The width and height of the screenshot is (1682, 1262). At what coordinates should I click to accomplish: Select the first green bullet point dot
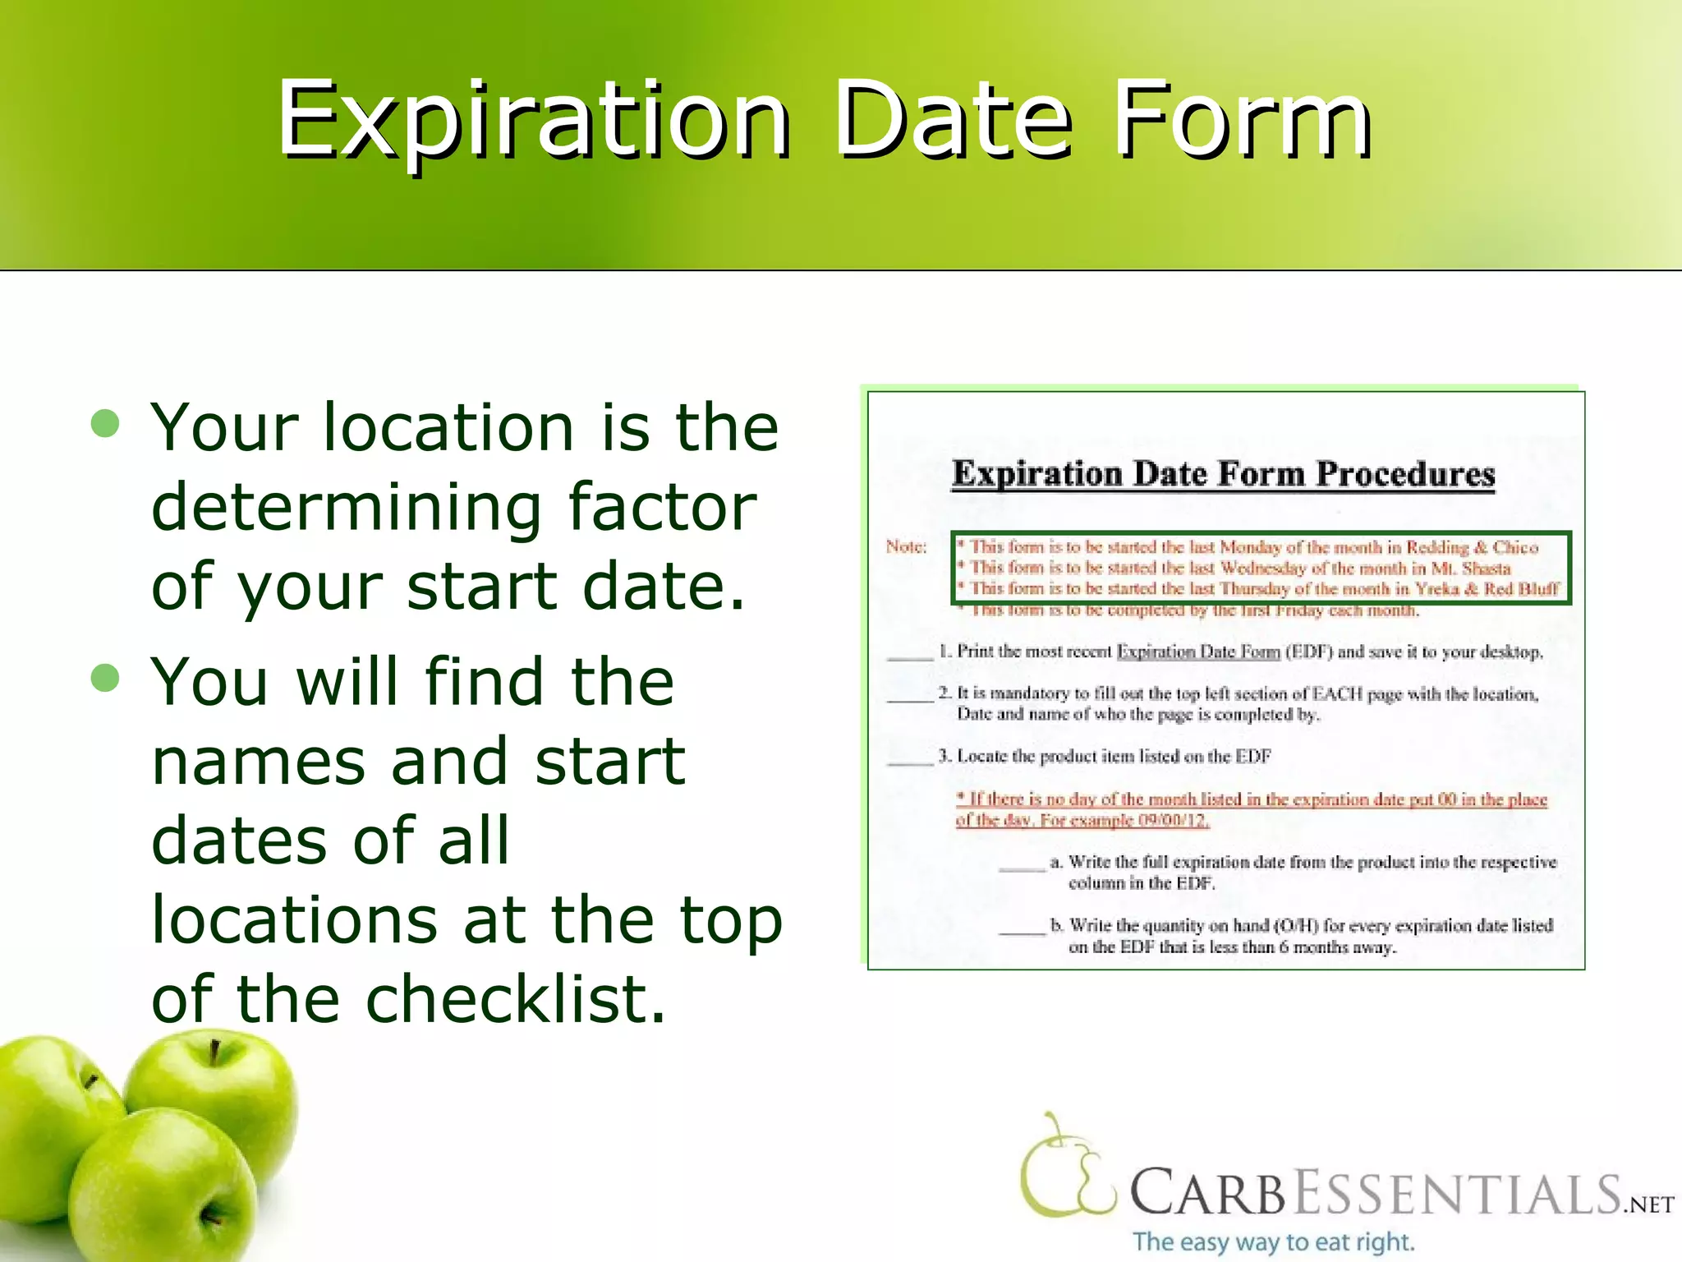[x=106, y=425]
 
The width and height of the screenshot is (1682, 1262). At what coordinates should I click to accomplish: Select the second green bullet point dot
[x=106, y=679]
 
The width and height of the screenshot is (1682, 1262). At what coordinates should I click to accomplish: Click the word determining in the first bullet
[x=345, y=508]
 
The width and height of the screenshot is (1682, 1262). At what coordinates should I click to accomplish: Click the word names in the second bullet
[x=258, y=761]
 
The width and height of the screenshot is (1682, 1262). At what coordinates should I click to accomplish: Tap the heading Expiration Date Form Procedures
[x=1223, y=475]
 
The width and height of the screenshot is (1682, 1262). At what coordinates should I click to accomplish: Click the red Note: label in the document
[x=906, y=547]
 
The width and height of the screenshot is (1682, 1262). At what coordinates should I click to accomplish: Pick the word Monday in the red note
[x=1250, y=547]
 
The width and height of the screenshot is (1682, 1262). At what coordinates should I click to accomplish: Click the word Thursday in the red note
[x=1256, y=588]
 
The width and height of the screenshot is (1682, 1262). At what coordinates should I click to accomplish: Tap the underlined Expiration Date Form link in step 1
[x=1198, y=652]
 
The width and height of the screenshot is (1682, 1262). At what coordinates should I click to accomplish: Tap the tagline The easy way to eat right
[x=1273, y=1241]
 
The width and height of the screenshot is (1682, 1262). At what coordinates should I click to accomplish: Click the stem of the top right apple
[x=214, y=1052]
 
